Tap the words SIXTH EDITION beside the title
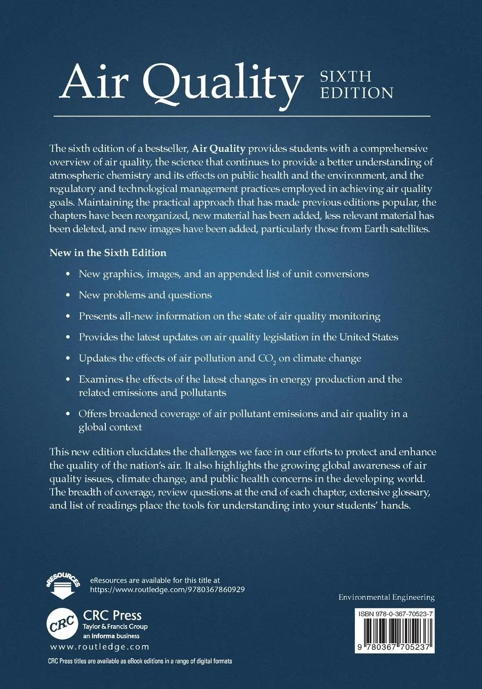click(356, 85)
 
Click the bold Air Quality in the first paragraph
click(218, 149)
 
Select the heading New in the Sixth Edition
click(108, 252)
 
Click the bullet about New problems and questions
click(145, 295)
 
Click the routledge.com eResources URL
click(167, 590)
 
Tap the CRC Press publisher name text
click(112, 615)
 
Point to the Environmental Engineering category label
click(386, 597)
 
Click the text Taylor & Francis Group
click(115, 627)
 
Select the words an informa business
click(111, 636)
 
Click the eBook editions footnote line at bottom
click(140, 661)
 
